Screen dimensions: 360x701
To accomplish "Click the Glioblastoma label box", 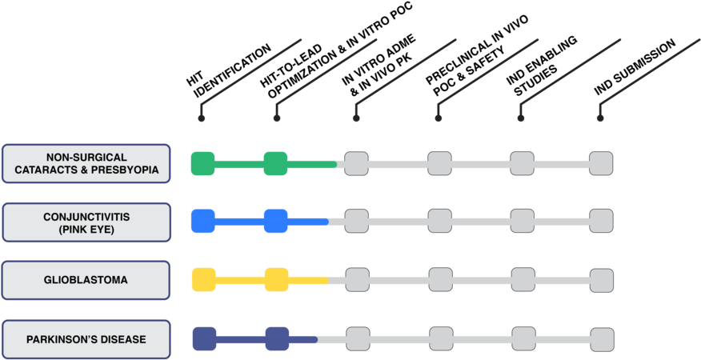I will pos(86,281).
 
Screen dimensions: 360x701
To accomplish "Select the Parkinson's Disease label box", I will pos(86,339).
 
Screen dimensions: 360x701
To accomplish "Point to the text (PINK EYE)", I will pos(86,230).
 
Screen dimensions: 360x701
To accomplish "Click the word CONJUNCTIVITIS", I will pos(86,216).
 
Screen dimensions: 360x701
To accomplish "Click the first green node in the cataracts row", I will pos(202,163).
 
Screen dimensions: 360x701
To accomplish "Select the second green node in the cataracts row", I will pos(275,163).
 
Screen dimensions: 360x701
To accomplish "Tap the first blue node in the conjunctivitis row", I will pos(202,221).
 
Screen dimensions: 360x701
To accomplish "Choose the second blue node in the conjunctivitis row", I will pos(275,221).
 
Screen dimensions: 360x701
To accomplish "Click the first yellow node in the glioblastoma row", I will pos(203,279).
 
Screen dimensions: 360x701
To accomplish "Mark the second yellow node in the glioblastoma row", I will pos(276,279).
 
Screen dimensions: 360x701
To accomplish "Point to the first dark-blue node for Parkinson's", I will pos(204,338).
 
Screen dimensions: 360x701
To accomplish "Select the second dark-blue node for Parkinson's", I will pos(277,338).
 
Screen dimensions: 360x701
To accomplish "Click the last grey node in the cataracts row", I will pos(601,163).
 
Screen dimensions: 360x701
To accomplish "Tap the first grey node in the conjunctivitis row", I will pos(357,221).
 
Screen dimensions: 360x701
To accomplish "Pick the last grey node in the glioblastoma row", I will pos(602,280).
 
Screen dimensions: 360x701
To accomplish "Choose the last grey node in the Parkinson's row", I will pos(603,338).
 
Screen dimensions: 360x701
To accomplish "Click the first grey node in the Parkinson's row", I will pos(358,338).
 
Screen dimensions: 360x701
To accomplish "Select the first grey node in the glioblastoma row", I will pos(357,279).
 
